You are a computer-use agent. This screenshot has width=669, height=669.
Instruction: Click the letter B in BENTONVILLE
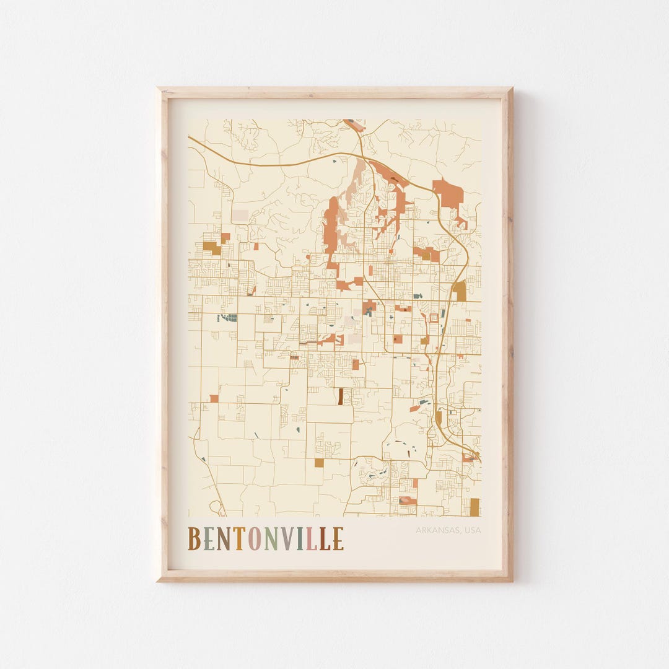point(195,538)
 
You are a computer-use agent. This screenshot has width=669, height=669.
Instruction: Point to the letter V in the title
point(288,538)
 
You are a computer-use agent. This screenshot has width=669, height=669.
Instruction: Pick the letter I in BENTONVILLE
point(300,538)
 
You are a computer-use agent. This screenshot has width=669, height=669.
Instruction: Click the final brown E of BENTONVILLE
point(338,538)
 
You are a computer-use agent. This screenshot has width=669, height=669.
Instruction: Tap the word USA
point(472,530)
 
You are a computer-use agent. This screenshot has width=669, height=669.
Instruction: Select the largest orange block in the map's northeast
point(448,194)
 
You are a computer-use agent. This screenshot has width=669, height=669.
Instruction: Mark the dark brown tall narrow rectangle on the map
point(340,396)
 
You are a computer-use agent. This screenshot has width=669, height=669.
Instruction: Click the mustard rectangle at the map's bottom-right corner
point(474,507)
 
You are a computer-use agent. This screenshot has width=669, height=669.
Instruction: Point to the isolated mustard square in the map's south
point(319,463)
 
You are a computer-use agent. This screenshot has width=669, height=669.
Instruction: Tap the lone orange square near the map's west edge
point(214,398)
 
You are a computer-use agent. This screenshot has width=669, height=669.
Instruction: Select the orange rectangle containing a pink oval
point(408,500)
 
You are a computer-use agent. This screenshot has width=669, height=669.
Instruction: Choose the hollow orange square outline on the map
point(434,318)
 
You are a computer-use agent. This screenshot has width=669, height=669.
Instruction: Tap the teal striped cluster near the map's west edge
point(229,318)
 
